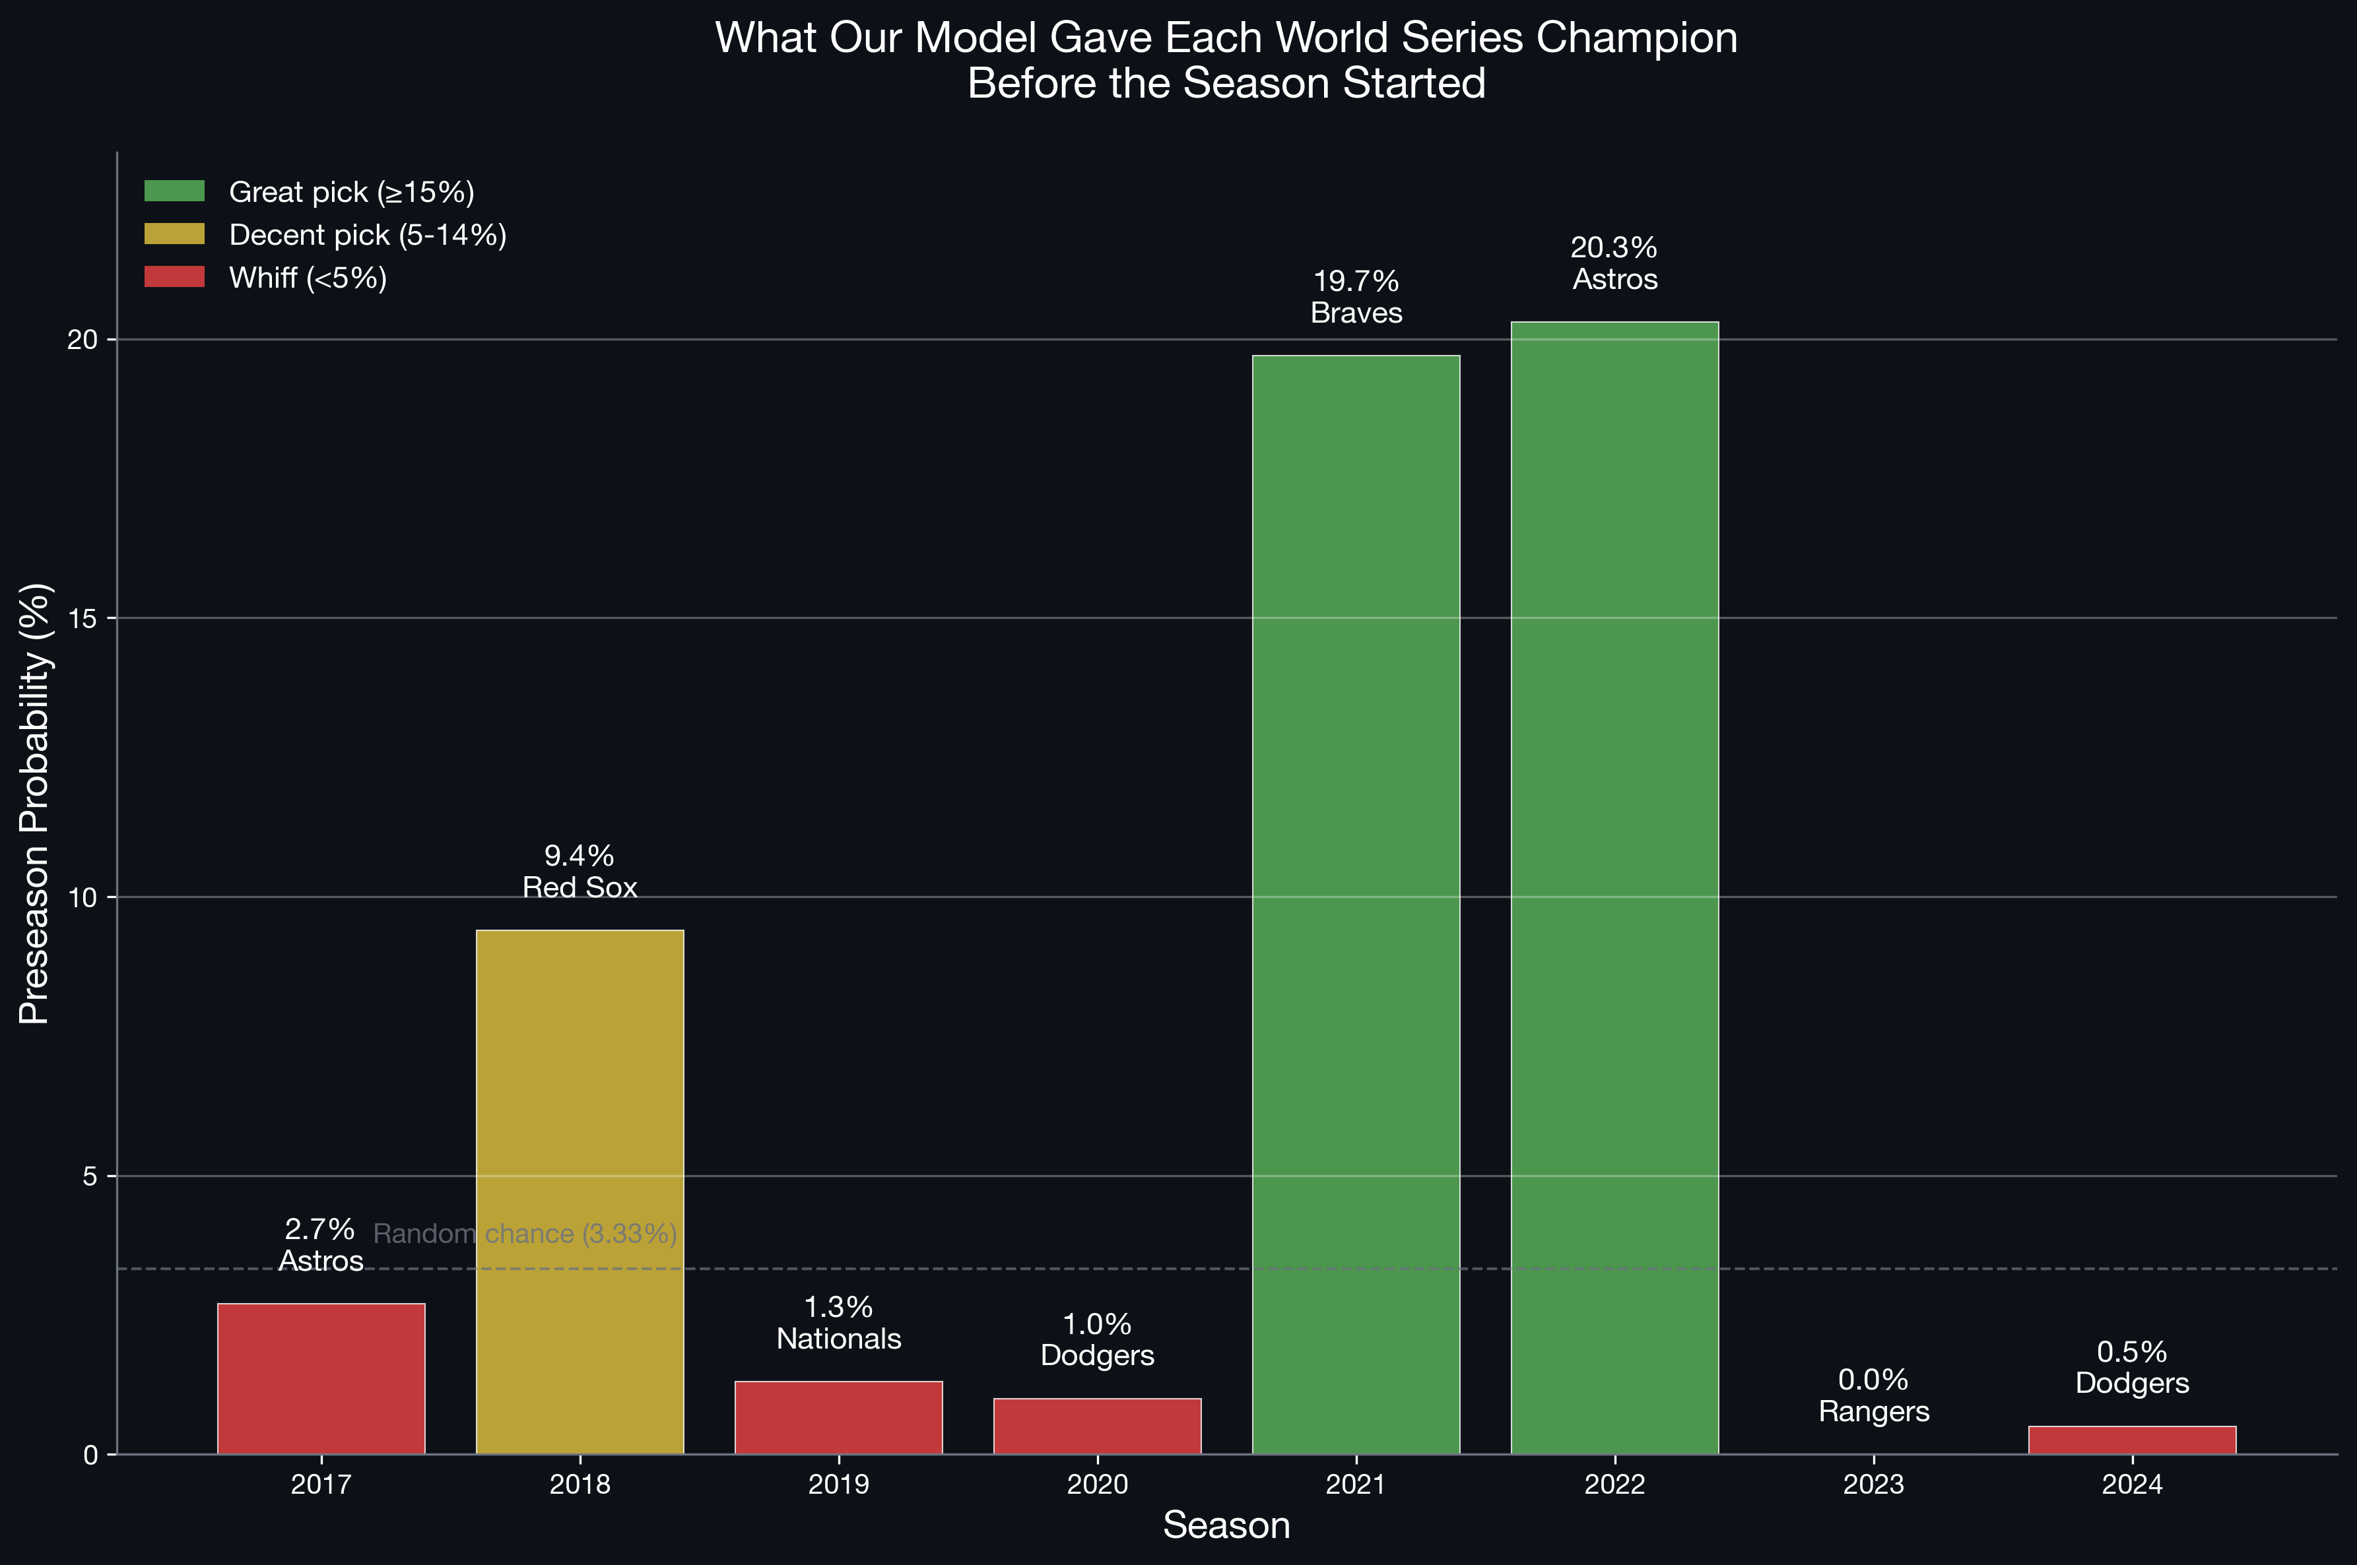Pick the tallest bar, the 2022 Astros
(1614, 887)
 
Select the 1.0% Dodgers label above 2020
(1097, 1339)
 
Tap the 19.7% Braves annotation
(1356, 296)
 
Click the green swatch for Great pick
(175, 191)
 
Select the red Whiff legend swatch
(175, 276)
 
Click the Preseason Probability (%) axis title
(35, 804)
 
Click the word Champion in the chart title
(1636, 38)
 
